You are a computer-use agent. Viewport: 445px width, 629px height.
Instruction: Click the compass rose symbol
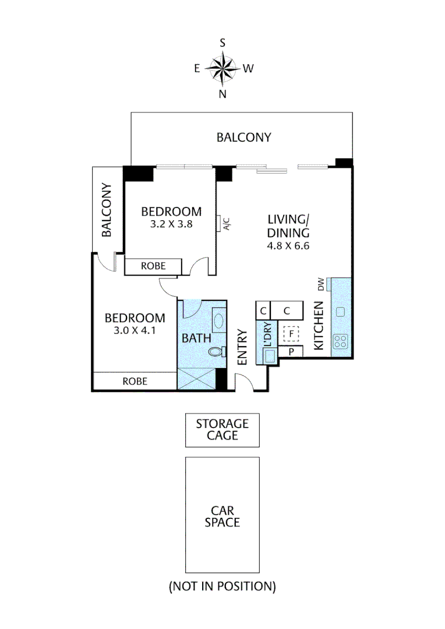click(x=223, y=69)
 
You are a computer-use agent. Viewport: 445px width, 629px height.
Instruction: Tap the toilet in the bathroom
click(x=216, y=351)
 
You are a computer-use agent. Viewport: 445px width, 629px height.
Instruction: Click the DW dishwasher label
click(x=321, y=284)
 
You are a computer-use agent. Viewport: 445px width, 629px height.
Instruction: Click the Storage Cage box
click(x=222, y=430)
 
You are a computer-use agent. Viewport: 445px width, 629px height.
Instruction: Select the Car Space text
click(x=222, y=515)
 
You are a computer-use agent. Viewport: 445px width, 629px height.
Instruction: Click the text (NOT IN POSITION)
click(x=222, y=586)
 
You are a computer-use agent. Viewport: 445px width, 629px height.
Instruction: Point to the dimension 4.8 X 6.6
click(x=288, y=245)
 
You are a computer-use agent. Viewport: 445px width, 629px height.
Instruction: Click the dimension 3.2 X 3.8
click(x=171, y=223)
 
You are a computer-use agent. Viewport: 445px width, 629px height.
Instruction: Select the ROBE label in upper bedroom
click(x=153, y=266)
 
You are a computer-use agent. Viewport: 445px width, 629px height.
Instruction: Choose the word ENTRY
click(x=243, y=348)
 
